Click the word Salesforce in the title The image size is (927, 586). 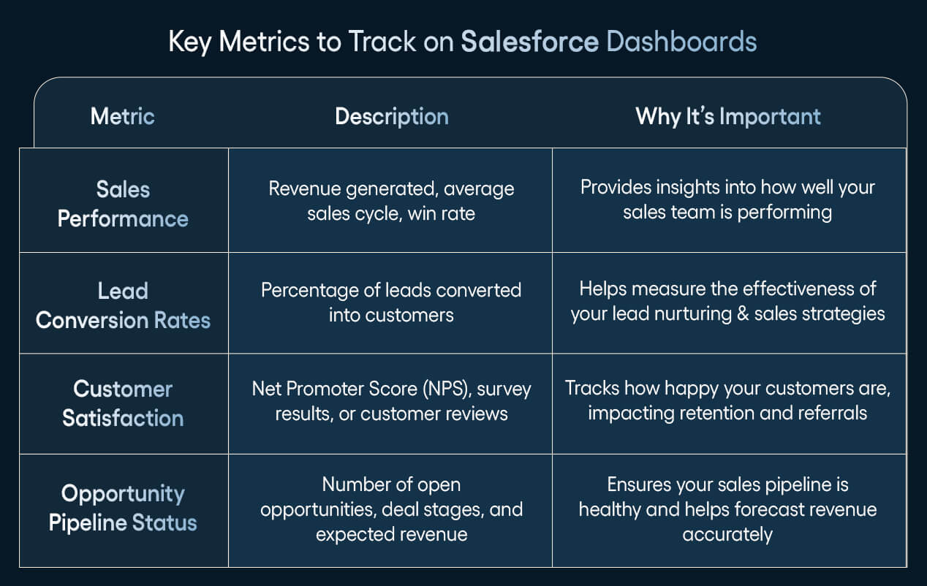(x=529, y=42)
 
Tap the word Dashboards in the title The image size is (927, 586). (x=681, y=42)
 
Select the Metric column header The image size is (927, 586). (x=122, y=116)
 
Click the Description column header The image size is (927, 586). (x=391, y=116)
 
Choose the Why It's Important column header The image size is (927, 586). (x=727, y=116)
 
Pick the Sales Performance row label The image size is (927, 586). (x=123, y=204)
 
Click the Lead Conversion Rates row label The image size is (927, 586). (x=123, y=305)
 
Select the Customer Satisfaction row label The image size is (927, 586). (x=123, y=403)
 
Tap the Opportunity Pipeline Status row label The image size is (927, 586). (x=123, y=508)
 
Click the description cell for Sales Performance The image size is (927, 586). (x=391, y=201)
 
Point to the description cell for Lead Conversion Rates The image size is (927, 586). (x=391, y=302)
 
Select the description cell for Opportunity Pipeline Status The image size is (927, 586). (x=391, y=509)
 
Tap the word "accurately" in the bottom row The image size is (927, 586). (x=727, y=534)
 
